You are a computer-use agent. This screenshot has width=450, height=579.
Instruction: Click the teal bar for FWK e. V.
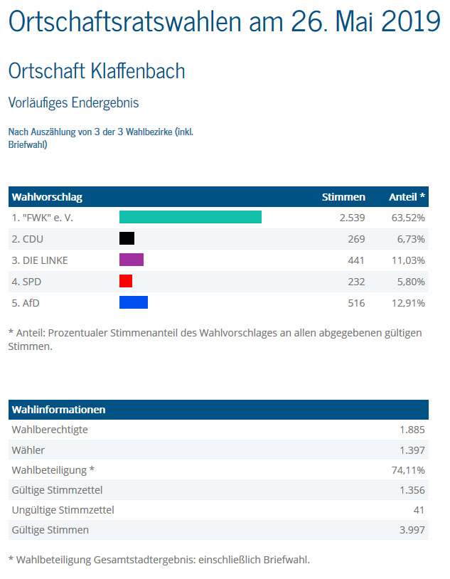190,217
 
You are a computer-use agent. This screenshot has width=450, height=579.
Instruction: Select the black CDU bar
127,238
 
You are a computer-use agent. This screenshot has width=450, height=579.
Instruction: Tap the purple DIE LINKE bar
131,260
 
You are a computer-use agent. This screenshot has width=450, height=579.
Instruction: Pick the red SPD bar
126,281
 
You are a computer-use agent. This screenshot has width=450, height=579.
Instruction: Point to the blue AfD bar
133,302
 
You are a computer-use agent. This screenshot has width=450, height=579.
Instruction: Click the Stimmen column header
343,196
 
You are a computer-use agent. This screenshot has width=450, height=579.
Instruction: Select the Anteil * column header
407,196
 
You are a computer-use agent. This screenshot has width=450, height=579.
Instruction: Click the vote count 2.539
352,217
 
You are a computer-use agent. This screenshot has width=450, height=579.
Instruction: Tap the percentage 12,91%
408,303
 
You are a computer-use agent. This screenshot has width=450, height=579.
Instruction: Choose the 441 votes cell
355,260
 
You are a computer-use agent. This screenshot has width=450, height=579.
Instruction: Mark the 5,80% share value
411,282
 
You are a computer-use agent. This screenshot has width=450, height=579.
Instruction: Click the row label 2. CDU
28,239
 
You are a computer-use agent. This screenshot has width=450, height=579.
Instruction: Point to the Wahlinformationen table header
59,410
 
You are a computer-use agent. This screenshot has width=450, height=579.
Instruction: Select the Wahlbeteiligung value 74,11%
408,470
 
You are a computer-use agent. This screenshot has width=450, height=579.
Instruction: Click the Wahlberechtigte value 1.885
412,430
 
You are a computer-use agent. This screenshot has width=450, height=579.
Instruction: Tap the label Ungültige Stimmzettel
63,510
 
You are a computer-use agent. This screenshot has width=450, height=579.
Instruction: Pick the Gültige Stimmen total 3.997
412,530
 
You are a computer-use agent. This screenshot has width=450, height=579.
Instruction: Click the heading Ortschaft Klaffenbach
97,71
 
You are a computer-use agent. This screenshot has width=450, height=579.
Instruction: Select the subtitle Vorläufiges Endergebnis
73,102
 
